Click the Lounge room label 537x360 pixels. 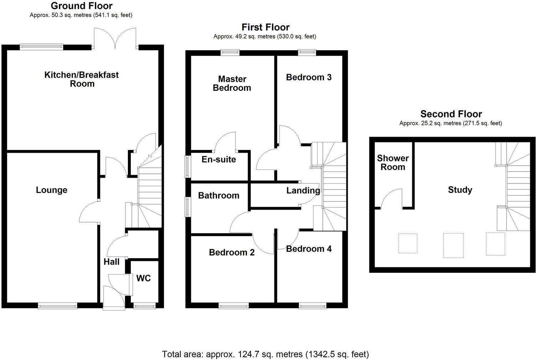[x=51, y=190]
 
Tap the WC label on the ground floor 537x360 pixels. [x=143, y=278]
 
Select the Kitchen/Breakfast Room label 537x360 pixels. [x=82, y=79]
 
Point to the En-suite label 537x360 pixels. [x=218, y=160]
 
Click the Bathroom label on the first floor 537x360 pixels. [x=218, y=195]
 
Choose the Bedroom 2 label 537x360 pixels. [x=232, y=252]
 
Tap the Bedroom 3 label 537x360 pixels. [x=309, y=77]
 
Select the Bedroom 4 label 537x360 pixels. [x=309, y=249]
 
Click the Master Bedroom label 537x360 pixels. [x=232, y=83]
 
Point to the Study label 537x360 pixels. [x=460, y=190]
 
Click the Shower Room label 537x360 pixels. [x=393, y=162]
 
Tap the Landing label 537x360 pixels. [x=303, y=191]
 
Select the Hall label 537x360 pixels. [x=112, y=262]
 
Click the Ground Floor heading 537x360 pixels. [x=82, y=6]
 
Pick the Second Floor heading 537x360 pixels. [x=451, y=114]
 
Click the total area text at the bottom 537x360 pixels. [x=265, y=354]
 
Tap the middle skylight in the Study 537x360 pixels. [x=453, y=245]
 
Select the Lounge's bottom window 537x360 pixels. [x=57, y=305]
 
